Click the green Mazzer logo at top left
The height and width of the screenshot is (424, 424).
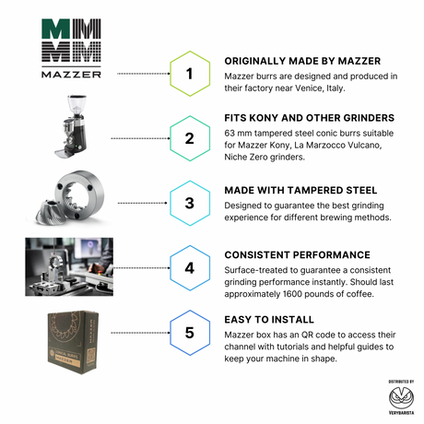[x=71, y=48]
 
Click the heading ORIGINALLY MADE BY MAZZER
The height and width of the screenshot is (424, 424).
[x=302, y=61]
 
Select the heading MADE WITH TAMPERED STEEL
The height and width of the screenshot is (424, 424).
[x=300, y=191]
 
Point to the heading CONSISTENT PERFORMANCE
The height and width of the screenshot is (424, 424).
[x=297, y=255]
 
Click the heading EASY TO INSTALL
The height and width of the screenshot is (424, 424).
[x=269, y=320]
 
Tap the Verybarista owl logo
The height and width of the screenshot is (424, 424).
[x=401, y=398]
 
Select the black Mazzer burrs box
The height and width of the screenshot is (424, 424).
[x=73, y=342]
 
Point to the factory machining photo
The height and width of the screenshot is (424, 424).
[x=69, y=266]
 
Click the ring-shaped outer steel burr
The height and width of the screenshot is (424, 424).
[x=80, y=194]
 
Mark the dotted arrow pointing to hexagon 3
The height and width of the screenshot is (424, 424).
[x=143, y=203]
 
